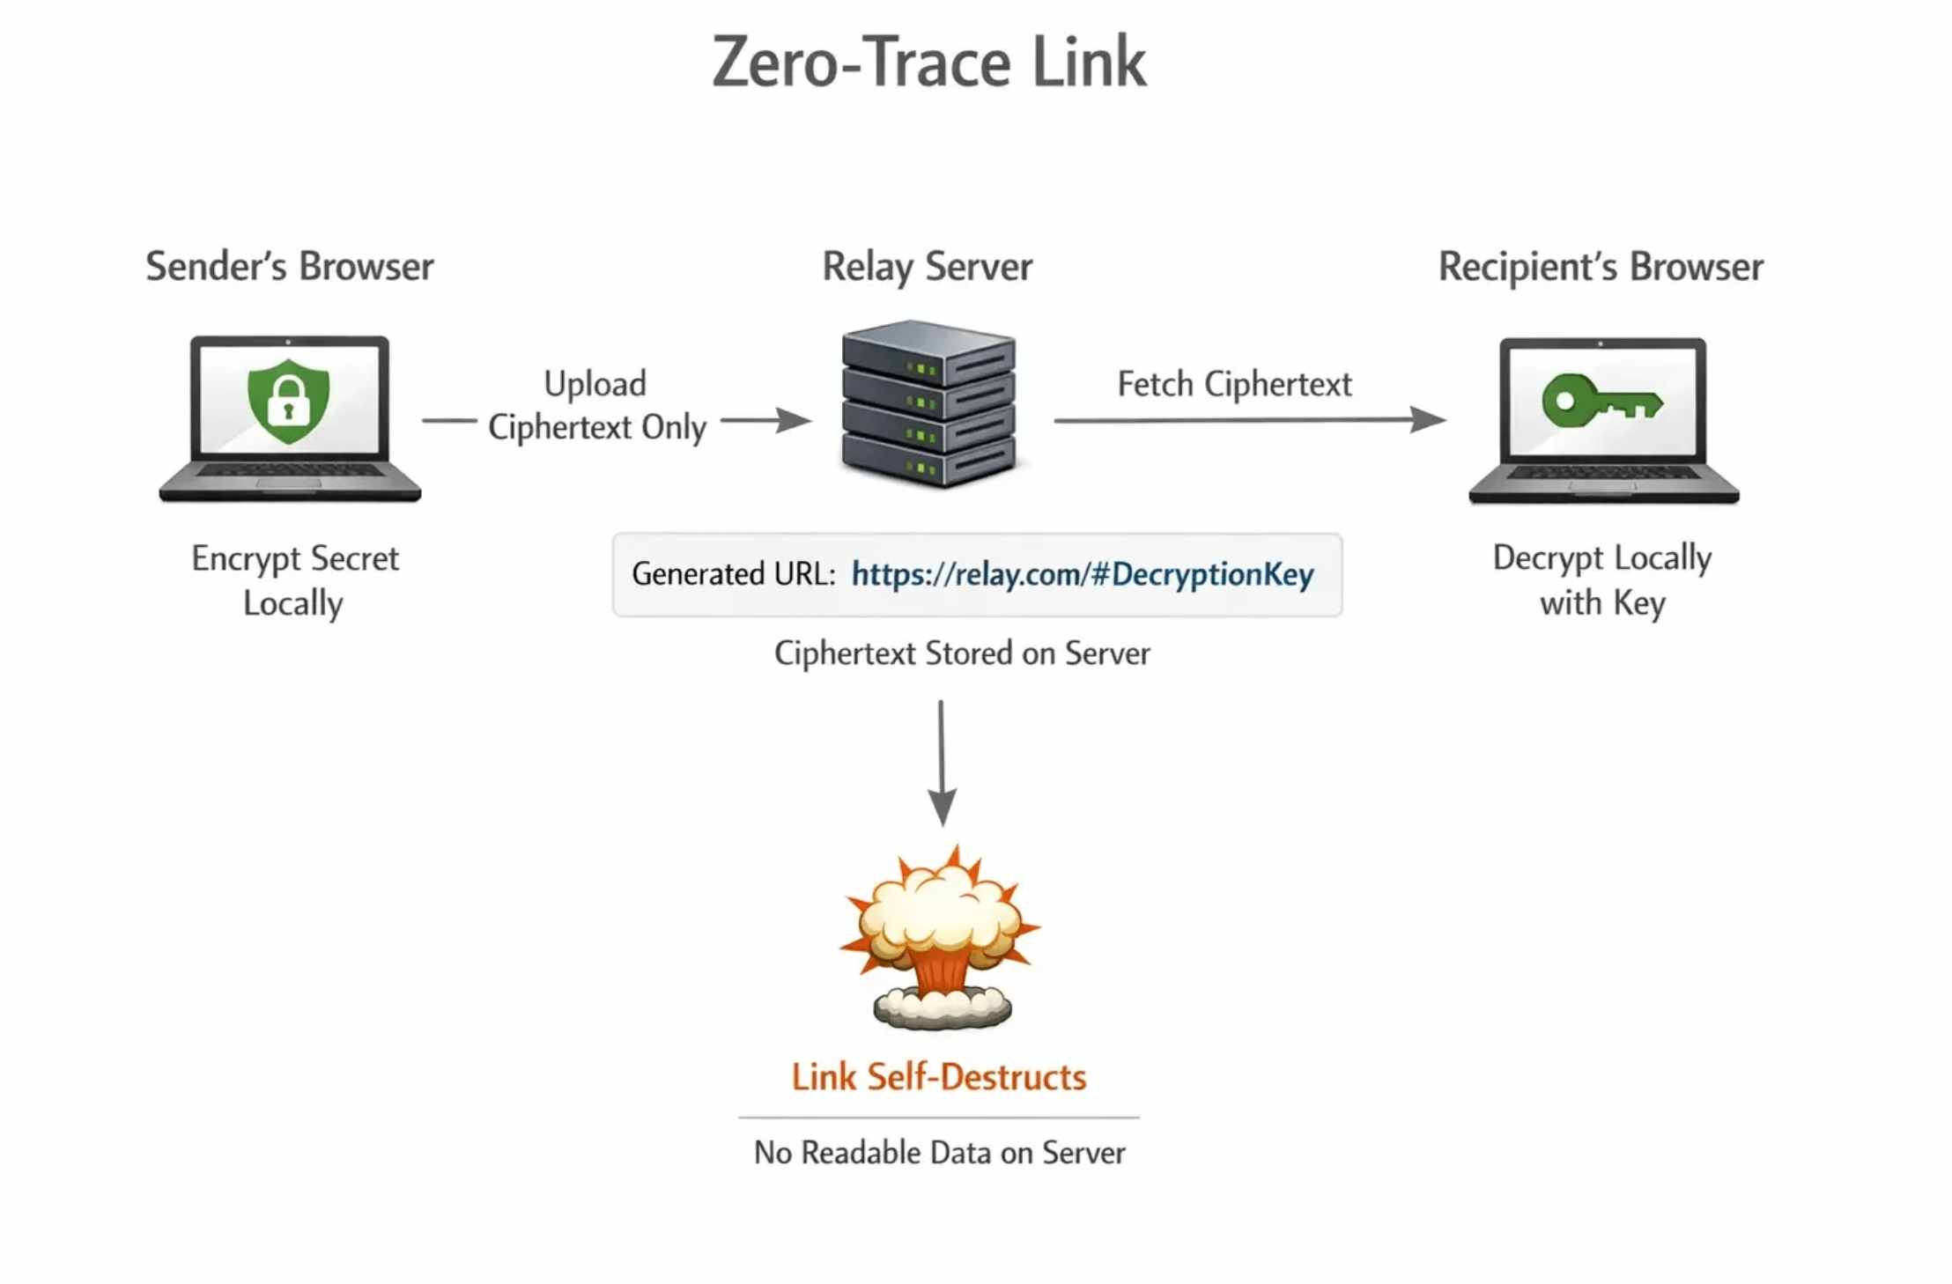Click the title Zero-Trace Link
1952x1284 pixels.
pos(929,63)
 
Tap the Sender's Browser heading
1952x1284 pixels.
pos(289,267)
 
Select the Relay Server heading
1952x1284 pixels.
pos(927,267)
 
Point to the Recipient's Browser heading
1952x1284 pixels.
pos(1600,267)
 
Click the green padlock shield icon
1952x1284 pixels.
pos(289,402)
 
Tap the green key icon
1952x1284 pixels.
pos(1601,402)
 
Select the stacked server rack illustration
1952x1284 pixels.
pos(928,403)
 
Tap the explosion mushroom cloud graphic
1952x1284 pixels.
pos(939,938)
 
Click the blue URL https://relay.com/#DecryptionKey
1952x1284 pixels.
pos(1082,574)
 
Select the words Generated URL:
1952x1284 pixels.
pos(733,574)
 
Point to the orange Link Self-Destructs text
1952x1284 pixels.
pos(938,1077)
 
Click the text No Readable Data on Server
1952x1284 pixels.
pos(939,1153)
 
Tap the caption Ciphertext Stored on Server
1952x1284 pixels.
pos(962,653)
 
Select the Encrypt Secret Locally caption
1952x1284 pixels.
pos(294,580)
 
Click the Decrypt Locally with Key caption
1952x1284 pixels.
pos(1601,580)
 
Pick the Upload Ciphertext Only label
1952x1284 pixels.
pos(596,405)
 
